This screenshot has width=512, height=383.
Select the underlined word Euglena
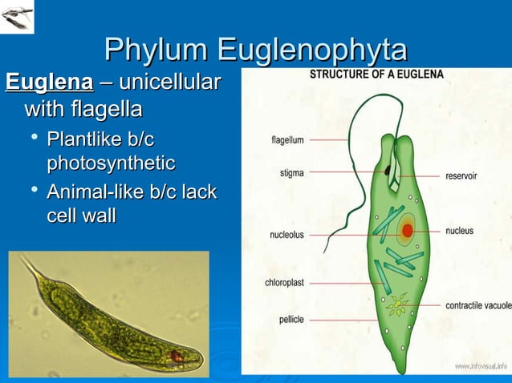(49, 83)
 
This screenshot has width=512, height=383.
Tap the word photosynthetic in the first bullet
(111, 163)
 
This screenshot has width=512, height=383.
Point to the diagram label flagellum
(287, 140)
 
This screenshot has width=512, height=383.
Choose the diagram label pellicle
(291, 319)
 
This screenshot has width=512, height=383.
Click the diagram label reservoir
(463, 175)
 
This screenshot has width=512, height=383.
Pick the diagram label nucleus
(460, 231)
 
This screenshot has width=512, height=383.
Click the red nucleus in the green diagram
(408, 231)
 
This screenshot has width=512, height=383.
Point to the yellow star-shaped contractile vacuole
(396, 304)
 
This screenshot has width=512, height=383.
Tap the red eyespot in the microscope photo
(176, 356)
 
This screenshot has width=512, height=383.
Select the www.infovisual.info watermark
(481, 366)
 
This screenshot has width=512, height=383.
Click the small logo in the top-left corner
(18, 17)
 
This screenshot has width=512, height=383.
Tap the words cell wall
(81, 216)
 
